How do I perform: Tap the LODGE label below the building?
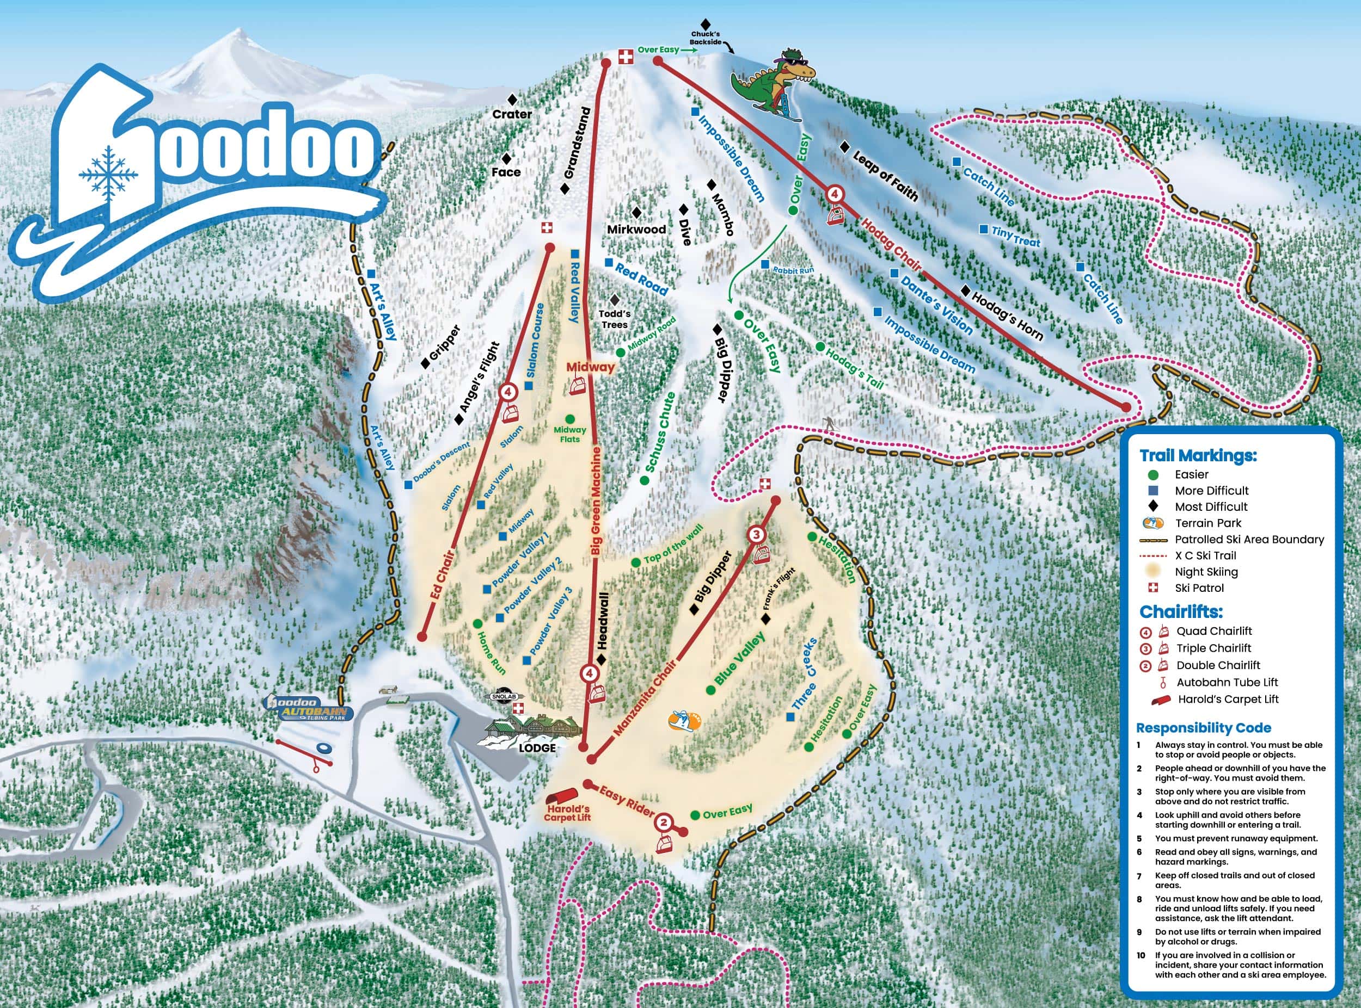pyautogui.click(x=537, y=748)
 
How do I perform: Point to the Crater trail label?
pyautogui.click(x=512, y=114)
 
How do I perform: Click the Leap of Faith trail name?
pyautogui.click(x=885, y=176)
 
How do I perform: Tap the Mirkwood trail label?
pyautogui.click(x=636, y=230)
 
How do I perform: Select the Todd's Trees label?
pyautogui.click(x=614, y=319)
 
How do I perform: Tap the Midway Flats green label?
pyautogui.click(x=569, y=435)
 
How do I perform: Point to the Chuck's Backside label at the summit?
pyautogui.click(x=705, y=38)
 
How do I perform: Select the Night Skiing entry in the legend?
pyautogui.click(x=1206, y=572)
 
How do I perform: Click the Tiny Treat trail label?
pyautogui.click(x=1015, y=236)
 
